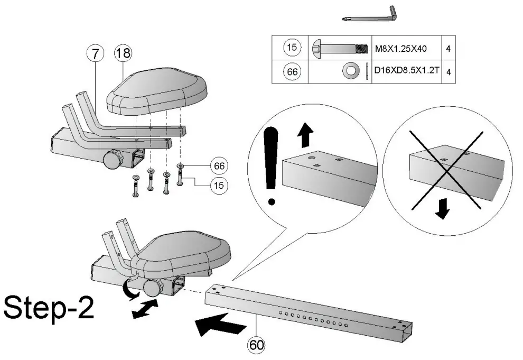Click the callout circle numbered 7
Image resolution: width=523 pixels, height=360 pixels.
[96, 53]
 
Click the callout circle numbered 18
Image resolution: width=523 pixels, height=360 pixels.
[123, 53]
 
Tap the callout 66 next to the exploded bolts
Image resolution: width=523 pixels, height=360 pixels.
[218, 165]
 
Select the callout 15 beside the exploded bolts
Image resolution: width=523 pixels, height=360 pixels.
[218, 186]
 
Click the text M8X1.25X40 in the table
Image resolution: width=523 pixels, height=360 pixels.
[401, 49]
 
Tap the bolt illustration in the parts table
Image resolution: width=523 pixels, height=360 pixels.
[339, 49]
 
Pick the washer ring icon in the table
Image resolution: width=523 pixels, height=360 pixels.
[350, 71]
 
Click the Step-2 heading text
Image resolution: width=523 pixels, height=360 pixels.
[49, 308]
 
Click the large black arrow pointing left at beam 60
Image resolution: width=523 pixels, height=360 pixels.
[215, 323]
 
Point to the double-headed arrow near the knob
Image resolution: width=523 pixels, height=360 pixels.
[144, 309]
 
